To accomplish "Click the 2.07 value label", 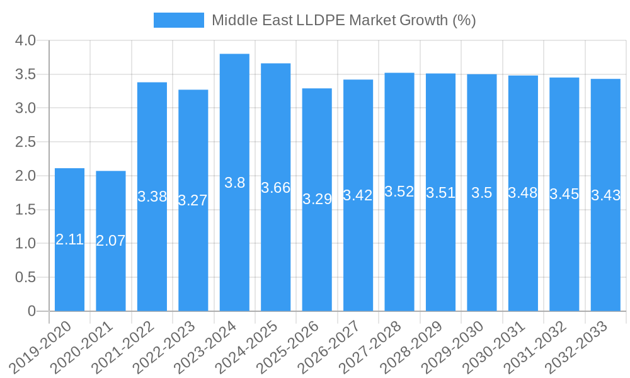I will coord(111,241).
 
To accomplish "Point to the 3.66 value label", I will coord(275,188).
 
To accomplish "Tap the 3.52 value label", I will coord(399,192).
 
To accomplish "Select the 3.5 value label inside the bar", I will coord(482,193).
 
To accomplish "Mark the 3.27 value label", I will coord(193,201).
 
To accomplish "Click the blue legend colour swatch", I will coord(179,20).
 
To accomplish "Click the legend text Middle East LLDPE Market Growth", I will coord(343,20).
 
